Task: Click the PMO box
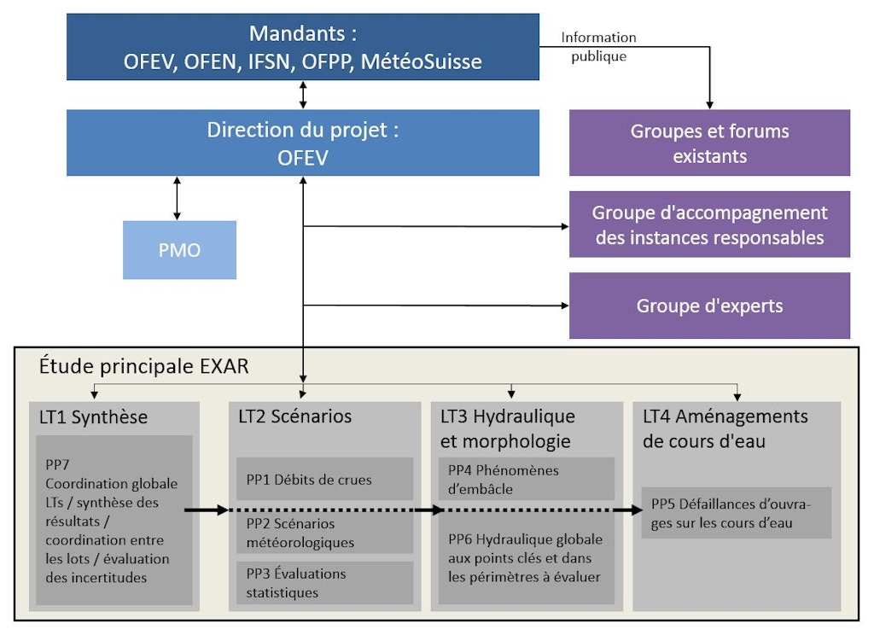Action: pos(179,250)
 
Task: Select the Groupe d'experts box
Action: pos(709,306)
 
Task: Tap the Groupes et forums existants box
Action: pos(709,143)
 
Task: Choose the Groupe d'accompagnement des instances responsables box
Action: pos(709,224)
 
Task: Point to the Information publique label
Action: pos(598,47)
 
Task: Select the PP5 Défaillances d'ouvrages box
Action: pos(736,512)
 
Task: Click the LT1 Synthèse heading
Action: pos(93,417)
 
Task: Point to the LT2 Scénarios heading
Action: pos(294,417)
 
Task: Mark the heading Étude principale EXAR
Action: pos(143,366)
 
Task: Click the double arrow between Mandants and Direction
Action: pos(303,94)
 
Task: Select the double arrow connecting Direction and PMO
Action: pos(177,198)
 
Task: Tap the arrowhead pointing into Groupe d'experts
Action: pos(563,305)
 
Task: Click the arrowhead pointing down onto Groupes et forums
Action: pos(709,104)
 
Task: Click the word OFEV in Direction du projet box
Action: pos(303,158)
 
